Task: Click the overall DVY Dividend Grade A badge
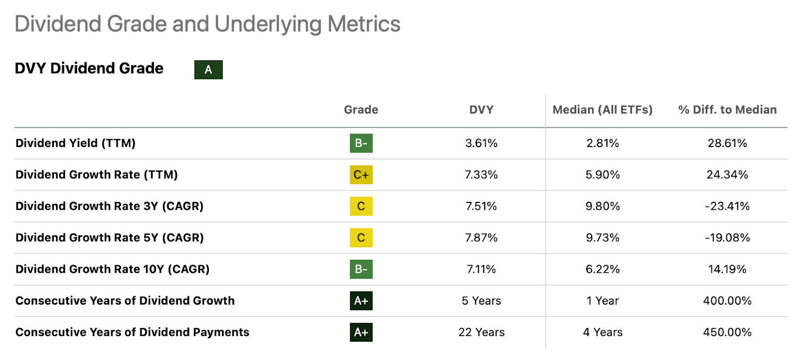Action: tap(208, 70)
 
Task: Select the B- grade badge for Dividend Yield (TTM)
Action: tap(361, 143)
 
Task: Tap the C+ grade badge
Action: tap(361, 175)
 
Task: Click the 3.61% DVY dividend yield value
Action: tap(481, 143)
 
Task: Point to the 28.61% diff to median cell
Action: tap(727, 143)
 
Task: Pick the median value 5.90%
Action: tap(602, 175)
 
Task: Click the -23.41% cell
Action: tap(727, 206)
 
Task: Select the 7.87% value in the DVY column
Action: tap(481, 237)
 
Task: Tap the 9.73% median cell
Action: tap(602, 237)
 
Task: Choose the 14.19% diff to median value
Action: tap(727, 269)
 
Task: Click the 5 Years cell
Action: tap(481, 301)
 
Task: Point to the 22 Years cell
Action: tap(481, 332)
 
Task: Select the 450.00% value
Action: tap(727, 332)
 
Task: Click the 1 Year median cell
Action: tap(602, 301)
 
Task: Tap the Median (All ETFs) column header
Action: tap(602, 110)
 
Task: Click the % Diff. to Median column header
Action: tap(727, 110)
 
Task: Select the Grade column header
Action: tap(361, 110)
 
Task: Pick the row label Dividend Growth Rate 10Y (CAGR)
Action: tap(112, 269)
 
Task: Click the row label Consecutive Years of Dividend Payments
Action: tap(132, 332)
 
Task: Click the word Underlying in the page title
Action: tap(268, 24)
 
